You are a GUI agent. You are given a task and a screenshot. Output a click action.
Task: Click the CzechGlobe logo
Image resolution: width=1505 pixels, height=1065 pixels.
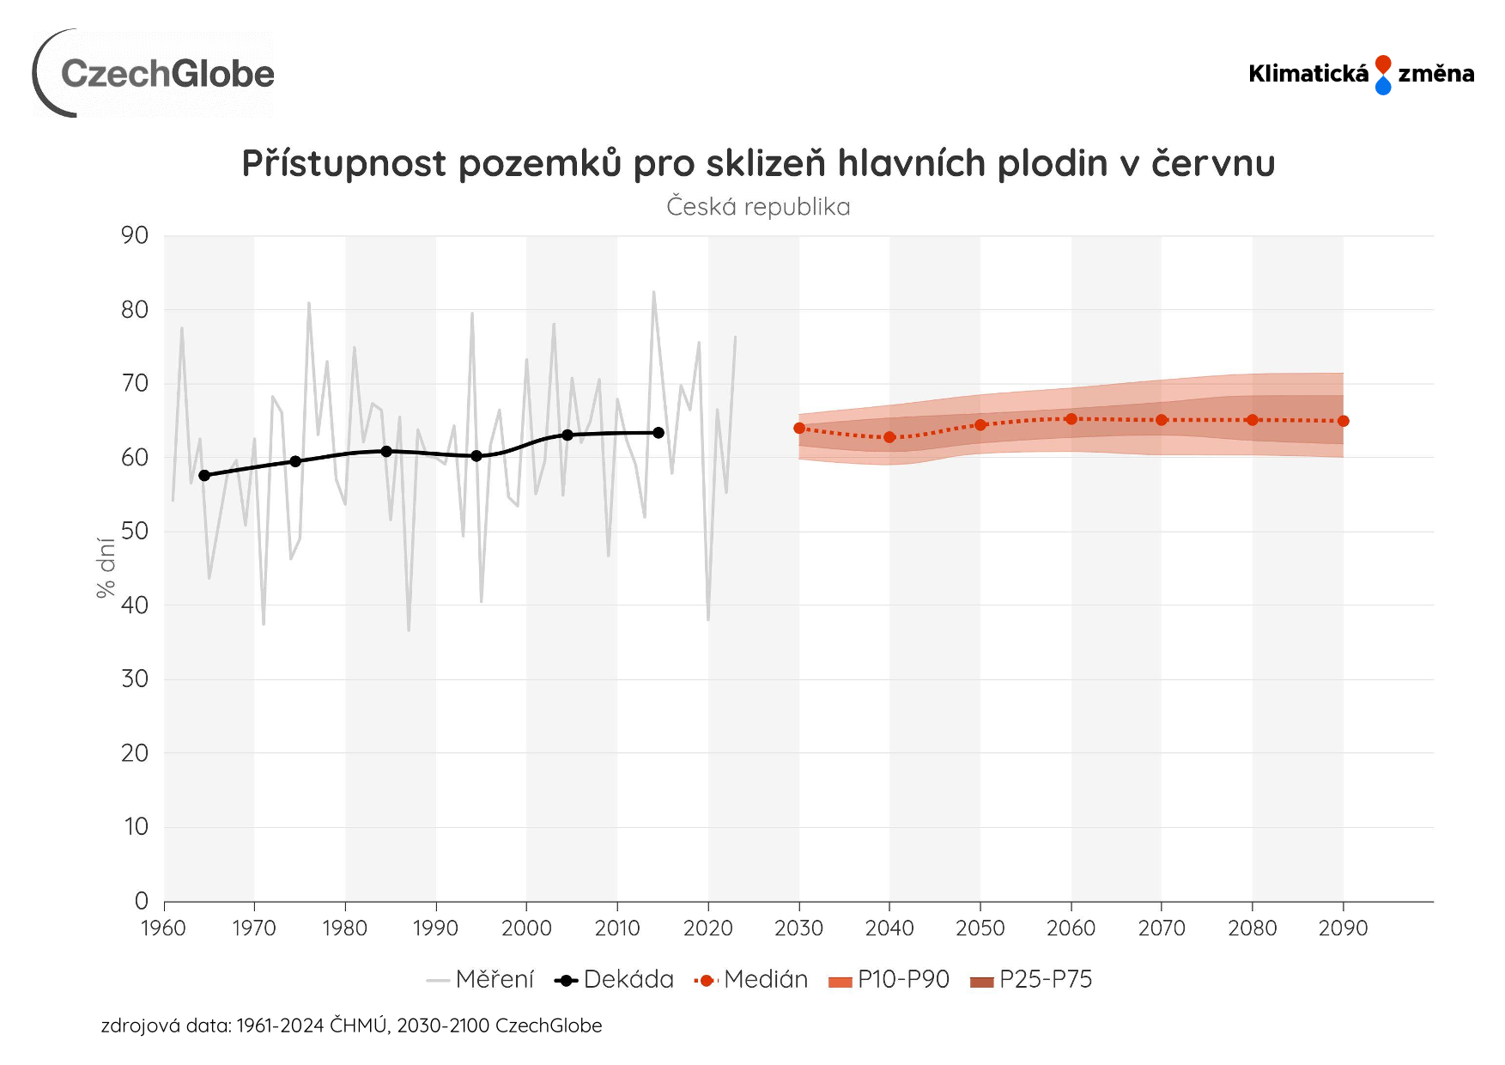pos(155,74)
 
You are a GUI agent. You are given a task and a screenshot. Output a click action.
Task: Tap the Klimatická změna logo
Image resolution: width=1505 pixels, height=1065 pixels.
pos(1361,74)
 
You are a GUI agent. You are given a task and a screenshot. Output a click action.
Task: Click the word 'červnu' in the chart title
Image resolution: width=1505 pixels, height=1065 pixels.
pos(1213,163)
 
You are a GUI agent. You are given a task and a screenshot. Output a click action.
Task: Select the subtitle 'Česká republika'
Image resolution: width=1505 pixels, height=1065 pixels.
pos(758,207)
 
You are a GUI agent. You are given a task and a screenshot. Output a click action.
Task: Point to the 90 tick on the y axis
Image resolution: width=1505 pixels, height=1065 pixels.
pos(135,235)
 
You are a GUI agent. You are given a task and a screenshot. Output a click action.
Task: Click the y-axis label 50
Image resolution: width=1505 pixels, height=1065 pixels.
pos(135,531)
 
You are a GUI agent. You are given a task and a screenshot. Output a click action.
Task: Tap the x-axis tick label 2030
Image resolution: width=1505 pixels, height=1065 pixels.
pos(798,928)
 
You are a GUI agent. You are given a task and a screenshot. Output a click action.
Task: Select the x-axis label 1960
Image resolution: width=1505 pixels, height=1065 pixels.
pos(163,928)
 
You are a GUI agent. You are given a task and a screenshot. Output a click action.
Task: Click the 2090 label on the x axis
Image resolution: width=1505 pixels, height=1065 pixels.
pos(1343,928)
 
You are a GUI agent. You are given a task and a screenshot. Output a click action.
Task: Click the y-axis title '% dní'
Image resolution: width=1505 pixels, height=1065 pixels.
pos(106,567)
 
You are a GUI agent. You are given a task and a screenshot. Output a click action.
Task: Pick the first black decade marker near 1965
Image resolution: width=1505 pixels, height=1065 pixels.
pos(204,475)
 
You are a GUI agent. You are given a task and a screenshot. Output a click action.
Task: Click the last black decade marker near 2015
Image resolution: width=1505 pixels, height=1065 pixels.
pos(658,433)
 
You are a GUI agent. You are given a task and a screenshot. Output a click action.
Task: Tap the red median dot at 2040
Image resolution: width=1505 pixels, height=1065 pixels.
pos(889,437)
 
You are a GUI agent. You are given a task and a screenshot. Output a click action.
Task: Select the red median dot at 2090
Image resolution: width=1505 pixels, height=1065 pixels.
pos(1344,421)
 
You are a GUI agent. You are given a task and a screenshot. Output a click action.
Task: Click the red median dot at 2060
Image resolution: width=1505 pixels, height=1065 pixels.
pos(1071,419)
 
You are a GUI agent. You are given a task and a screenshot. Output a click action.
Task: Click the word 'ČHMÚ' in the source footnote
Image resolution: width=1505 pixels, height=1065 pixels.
pos(358,1025)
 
